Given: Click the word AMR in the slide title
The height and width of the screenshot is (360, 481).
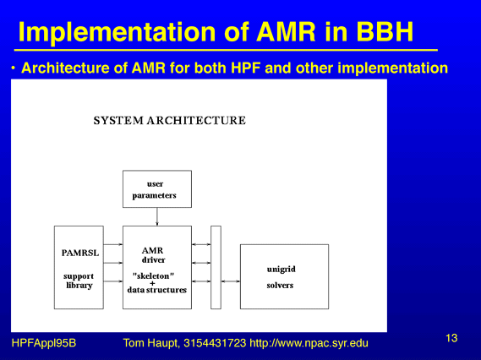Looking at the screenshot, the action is coord(286,32).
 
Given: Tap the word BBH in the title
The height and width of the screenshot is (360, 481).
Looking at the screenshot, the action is coord(385,32).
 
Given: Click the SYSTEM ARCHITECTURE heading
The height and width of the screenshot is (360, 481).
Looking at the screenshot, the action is coord(170,121).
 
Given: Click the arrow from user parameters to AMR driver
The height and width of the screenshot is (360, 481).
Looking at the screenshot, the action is coord(157,217).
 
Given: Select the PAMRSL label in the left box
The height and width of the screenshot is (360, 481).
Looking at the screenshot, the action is coord(80,253).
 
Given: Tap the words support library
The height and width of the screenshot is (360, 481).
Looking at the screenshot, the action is coord(79,281).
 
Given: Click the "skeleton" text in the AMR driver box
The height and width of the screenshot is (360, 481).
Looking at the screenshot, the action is coord(153,275).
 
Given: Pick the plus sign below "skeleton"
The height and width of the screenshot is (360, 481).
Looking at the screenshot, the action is coord(152,283).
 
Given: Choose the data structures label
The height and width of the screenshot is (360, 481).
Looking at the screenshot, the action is coord(156,290).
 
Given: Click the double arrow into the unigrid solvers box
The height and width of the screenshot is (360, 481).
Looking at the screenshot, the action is coord(231,281).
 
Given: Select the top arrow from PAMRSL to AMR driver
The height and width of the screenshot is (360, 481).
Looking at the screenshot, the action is coord(113,244).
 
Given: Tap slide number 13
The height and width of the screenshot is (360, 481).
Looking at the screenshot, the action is coord(451,338).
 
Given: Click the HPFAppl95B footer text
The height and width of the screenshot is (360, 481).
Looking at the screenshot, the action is coord(44,343).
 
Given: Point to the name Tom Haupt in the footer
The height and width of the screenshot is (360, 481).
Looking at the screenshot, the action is coord(151,343).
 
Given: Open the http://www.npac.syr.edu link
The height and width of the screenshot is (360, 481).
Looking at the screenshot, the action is coord(309,343).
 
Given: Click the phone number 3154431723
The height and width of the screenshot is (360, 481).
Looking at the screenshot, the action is coord(215,343).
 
